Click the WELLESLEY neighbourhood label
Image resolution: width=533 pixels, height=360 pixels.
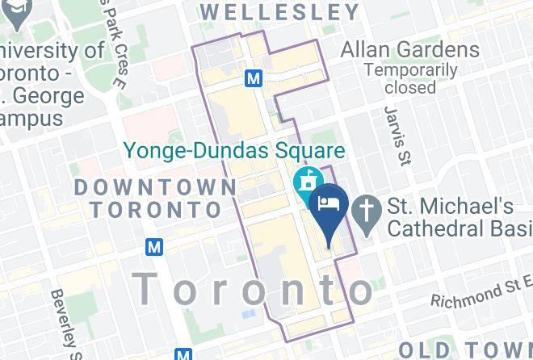[x=279, y=12]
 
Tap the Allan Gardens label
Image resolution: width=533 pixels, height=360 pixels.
[x=409, y=48]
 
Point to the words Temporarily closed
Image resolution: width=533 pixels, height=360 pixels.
[x=410, y=78]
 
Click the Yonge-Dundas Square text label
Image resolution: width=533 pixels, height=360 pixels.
[x=233, y=150]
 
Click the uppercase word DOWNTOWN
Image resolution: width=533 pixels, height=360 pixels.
[x=156, y=187]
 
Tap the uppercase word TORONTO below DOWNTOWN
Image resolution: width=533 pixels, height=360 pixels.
[x=156, y=210]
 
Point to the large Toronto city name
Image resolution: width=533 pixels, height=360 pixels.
[x=254, y=288]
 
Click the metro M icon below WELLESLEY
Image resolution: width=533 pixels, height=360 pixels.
[x=254, y=78]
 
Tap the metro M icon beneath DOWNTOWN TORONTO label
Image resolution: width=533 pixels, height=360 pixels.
[x=154, y=245]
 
